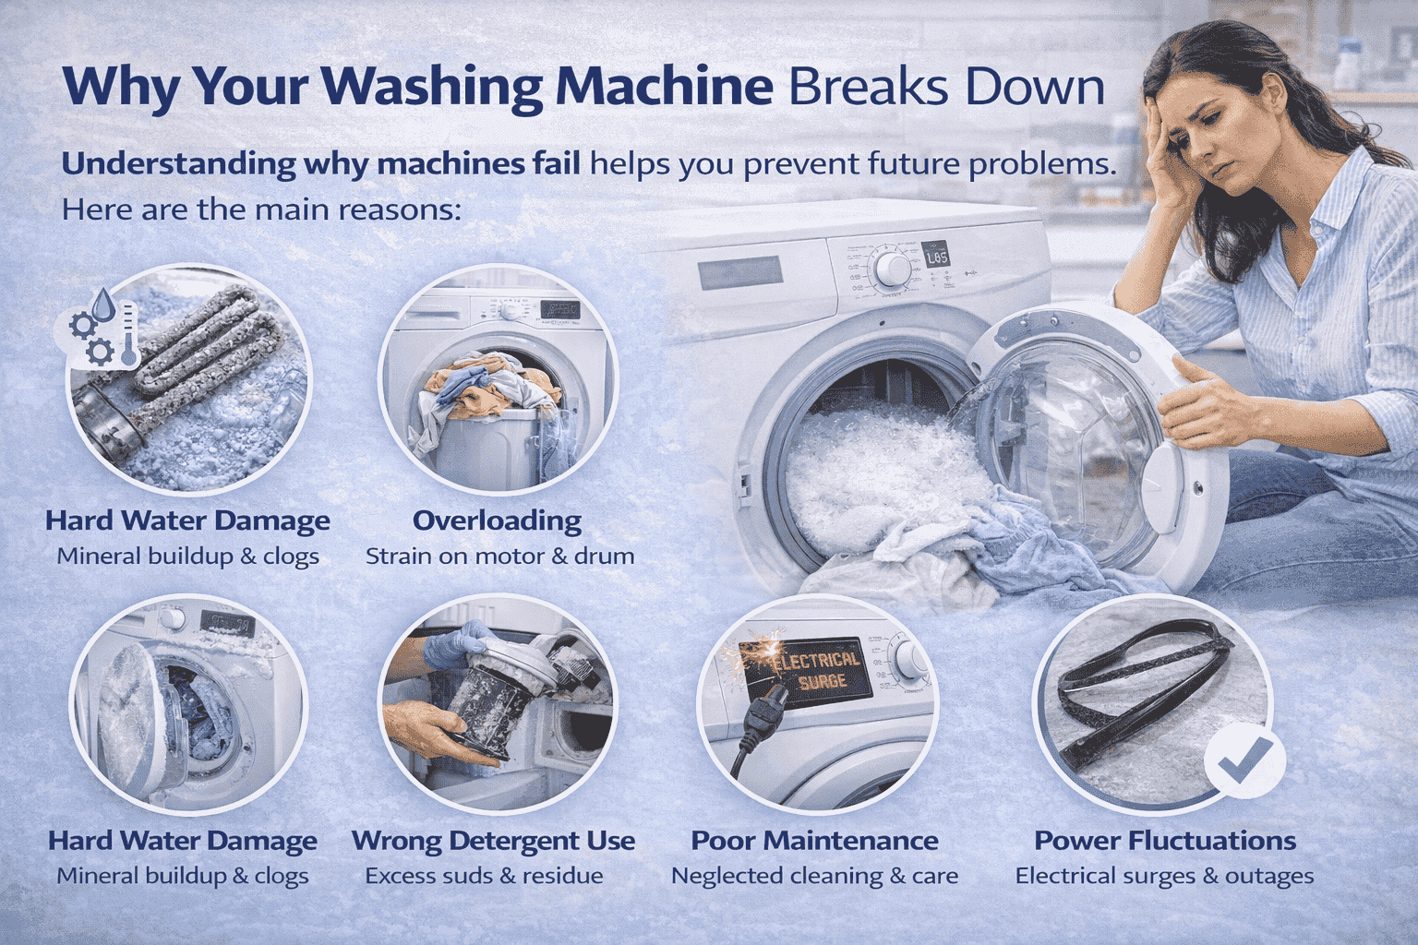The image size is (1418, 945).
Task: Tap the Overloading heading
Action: (497, 520)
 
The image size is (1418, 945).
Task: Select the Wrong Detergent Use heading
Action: (494, 841)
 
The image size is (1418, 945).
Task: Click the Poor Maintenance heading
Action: (814, 841)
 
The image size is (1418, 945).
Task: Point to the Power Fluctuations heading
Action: (1165, 841)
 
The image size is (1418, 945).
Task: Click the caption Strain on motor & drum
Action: (499, 556)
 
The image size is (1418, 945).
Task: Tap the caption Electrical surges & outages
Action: (1164, 876)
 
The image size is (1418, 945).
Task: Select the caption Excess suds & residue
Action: (484, 876)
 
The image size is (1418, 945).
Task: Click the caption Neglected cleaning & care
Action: (814, 876)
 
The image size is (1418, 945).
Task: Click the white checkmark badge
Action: (1244, 762)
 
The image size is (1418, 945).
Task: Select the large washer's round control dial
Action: (892, 269)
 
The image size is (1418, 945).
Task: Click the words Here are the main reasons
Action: (260, 209)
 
